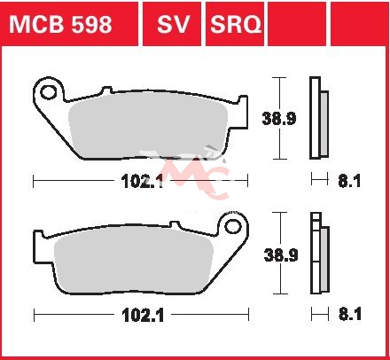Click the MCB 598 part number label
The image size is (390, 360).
coord(60,24)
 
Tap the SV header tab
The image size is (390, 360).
coord(172,24)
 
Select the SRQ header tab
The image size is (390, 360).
coord(235,24)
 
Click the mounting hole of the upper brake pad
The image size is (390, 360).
coord(49,92)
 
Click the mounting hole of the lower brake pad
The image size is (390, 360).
coord(233,227)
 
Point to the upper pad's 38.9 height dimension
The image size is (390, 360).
coord(279,119)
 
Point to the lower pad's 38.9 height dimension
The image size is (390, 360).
coord(281,254)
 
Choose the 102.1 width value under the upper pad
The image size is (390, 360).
coord(143,181)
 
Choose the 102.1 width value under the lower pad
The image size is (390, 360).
coord(143,316)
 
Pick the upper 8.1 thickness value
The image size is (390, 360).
coord(349,181)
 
